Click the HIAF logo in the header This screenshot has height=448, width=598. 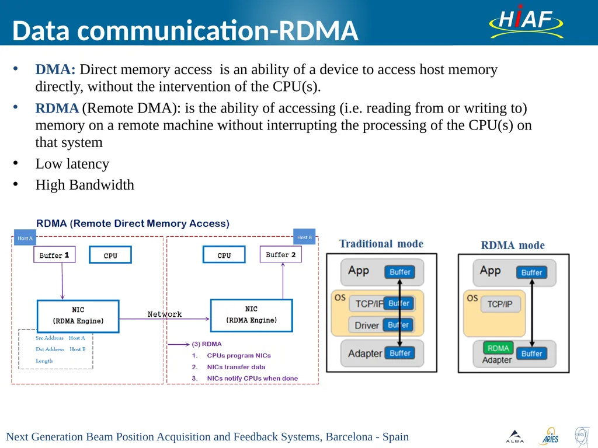click(x=526, y=22)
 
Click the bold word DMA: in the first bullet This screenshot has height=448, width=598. click(x=55, y=69)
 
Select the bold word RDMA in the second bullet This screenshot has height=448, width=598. click(x=57, y=108)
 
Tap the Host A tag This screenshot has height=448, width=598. click(x=25, y=238)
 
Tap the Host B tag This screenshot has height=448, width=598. click(x=304, y=237)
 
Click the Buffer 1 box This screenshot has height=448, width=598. click(x=54, y=255)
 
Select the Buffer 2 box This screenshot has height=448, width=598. click(x=281, y=254)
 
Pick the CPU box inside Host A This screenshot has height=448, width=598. click(x=110, y=255)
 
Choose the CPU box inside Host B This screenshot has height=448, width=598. click(x=224, y=254)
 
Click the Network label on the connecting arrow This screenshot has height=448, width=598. click(x=165, y=314)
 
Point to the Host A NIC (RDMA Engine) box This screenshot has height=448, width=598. click(x=78, y=316)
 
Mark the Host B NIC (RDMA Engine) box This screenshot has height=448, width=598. click(x=252, y=316)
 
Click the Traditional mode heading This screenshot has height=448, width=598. click(x=381, y=244)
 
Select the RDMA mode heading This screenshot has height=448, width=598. click(x=513, y=246)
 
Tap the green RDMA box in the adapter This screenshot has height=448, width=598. click(x=498, y=348)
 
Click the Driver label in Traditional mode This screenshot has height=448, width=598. click(x=367, y=325)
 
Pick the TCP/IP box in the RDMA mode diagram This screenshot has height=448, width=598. click(x=500, y=304)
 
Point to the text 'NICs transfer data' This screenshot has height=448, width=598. click(x=236, y=367)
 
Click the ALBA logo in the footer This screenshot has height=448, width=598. click(x=515, y=436)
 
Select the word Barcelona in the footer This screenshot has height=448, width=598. click(x=349, y=436)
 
